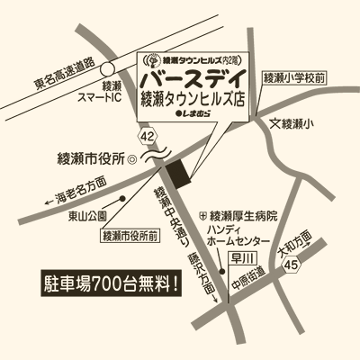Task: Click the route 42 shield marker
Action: (x=149, y=135)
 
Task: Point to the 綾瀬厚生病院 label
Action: (x=242, y=216)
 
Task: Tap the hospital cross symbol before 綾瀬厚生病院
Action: (x=202, y=216)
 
